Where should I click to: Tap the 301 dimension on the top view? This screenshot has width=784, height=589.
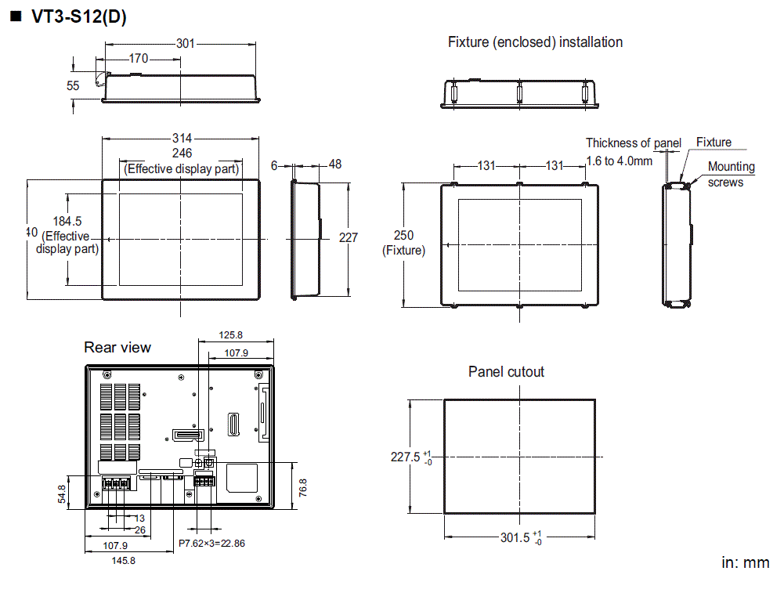[x=185, y=44]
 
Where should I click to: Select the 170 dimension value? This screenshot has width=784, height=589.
[x=138, y=58]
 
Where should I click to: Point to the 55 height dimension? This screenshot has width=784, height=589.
[x=73, y=86]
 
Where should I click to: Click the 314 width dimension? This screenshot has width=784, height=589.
[x=182, y=139]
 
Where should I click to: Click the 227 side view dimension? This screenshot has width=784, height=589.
[x=349, y=237]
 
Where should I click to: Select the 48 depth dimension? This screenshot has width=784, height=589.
[x=335, y=164]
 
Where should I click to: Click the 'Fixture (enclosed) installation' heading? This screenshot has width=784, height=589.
[x=535, y=42]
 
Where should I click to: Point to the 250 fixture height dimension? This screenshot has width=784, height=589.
[x=403, y=236]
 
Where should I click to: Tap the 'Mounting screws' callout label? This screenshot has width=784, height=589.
[x=731, y=174]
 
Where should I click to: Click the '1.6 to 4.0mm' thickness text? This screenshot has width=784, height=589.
[x=619, y=161]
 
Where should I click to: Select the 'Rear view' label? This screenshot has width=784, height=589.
[x=117, y=347]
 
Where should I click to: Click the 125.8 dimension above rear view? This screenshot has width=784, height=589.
[x=236, y=335]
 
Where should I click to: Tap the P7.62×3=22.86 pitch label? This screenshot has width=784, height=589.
[x=211, y=543]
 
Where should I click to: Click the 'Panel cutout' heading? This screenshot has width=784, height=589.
[x=506, y=371]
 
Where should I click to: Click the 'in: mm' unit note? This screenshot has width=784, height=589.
[x=745, y=563]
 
